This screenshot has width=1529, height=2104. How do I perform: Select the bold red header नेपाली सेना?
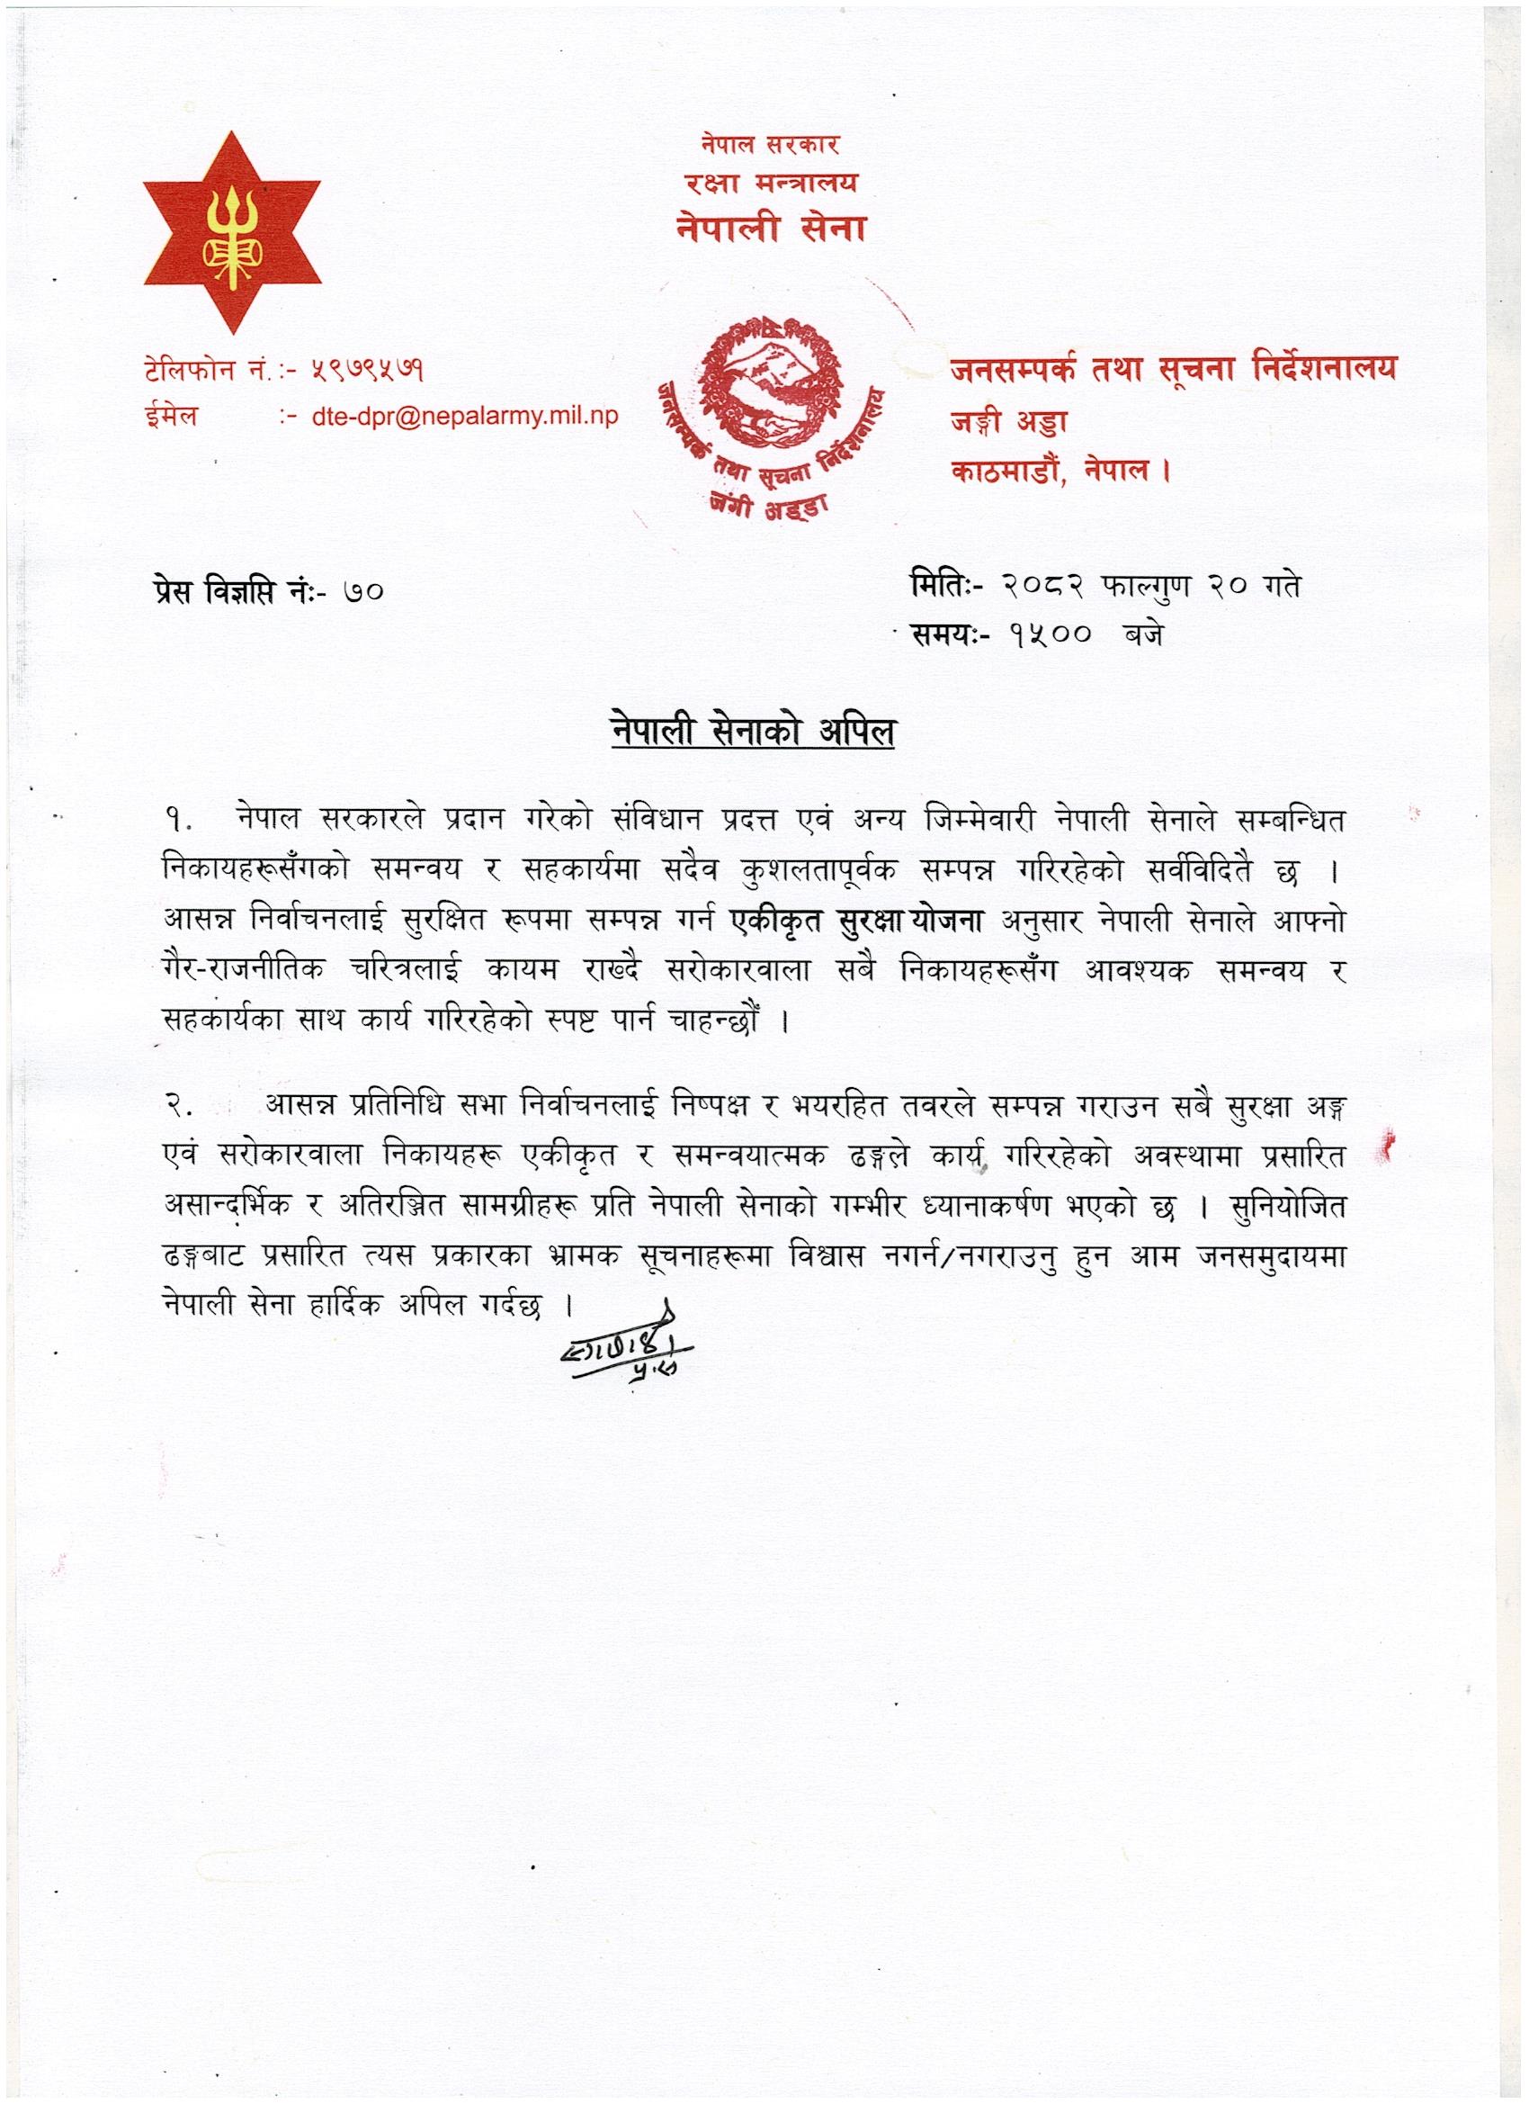[771, 228]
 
